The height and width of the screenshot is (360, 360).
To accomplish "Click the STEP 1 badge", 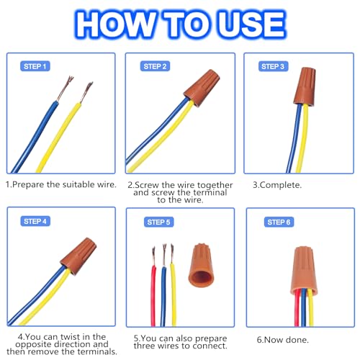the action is point(35,66).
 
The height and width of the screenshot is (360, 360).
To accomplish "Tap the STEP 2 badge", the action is point(155,66).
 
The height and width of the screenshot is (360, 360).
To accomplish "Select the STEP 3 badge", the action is point(273,66).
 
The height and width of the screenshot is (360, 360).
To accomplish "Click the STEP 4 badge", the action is point(35,221).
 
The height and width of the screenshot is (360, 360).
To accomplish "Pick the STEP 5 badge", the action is point(159,222).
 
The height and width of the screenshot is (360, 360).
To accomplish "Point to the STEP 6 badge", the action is point(279,222).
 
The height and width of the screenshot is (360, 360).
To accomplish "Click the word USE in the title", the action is point(251,24).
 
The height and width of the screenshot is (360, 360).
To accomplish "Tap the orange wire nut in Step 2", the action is point(202,87).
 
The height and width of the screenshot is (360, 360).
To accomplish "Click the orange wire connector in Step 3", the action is point(305,86).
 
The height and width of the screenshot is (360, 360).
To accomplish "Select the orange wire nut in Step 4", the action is point(78,256).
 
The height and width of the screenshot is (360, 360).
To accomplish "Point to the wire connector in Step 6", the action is point(304,270).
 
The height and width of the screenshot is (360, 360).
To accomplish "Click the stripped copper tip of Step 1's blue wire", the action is point(66,89).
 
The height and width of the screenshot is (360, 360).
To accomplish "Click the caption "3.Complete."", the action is point(277,185).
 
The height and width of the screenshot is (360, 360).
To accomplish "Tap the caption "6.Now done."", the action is point(283,340).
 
